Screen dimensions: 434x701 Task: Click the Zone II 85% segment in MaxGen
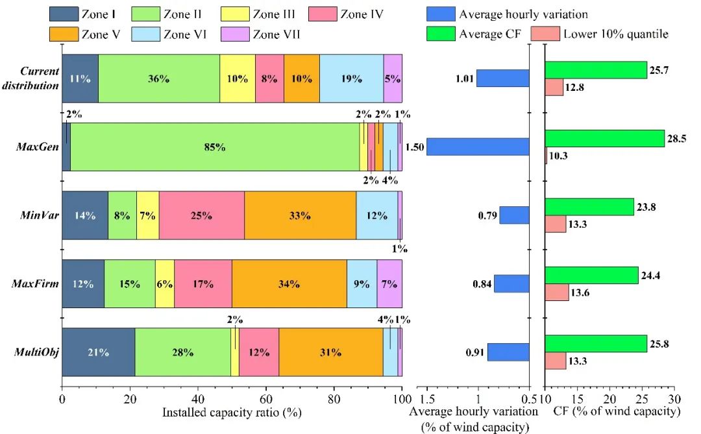point(214,147)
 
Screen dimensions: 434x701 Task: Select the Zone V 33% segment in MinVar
point(300,215)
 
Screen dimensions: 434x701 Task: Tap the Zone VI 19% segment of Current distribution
point(351,78)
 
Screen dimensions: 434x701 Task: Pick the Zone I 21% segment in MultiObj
point(99,352)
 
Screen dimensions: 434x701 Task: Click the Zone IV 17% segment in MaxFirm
point(203,283)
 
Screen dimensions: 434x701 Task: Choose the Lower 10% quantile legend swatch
point(545,34)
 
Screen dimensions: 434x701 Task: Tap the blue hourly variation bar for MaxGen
point(478,147)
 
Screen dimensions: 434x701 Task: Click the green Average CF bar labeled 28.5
point(605,138)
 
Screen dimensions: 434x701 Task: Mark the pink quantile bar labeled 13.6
point(557,293)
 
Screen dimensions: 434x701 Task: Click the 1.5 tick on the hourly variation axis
point(426,398)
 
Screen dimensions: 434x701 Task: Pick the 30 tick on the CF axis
point(674,398)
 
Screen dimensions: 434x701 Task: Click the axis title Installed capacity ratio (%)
point(232,412)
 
